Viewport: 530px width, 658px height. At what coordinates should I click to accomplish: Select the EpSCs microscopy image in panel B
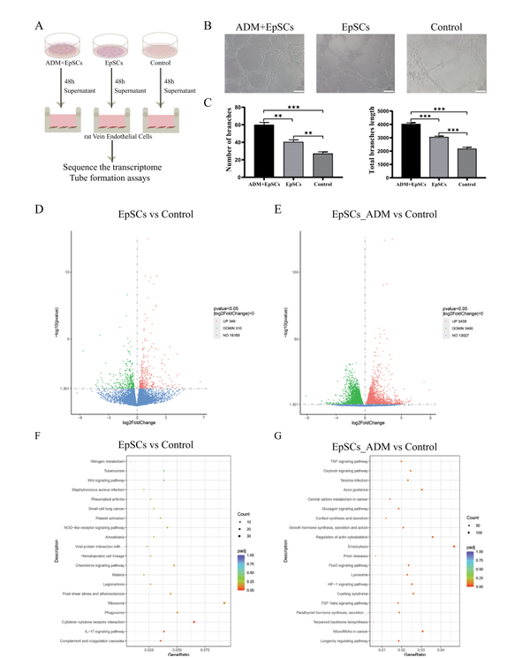[356, 63]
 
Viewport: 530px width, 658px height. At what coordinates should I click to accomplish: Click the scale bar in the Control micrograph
[480, 89]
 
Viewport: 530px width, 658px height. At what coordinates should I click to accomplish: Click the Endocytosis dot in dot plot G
[453, 546]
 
